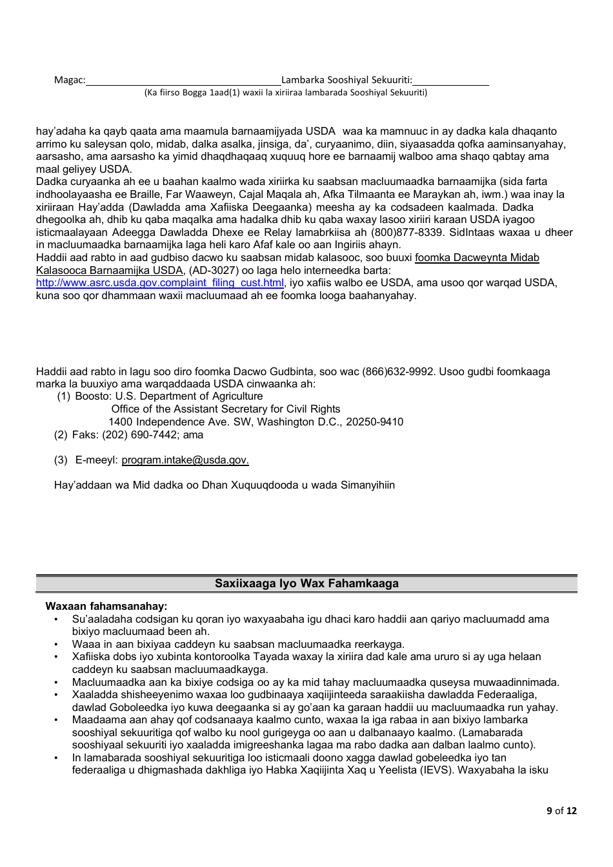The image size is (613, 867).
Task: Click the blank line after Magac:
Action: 183,81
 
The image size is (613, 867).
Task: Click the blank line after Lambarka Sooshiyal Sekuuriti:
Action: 450,81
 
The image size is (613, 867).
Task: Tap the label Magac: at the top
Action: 69,80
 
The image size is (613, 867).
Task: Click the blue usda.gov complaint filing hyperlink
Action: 159,283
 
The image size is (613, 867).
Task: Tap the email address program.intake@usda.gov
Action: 185,460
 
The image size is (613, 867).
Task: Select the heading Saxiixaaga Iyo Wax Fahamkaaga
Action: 306,583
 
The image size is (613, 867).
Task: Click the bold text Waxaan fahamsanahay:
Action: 106,607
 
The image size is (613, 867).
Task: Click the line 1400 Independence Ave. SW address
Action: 256,422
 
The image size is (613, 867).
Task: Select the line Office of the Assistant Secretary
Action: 225,409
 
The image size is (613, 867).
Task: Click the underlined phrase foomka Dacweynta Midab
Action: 477,258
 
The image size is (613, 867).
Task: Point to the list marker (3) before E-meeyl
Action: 61,460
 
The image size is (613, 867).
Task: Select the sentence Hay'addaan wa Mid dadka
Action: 224,485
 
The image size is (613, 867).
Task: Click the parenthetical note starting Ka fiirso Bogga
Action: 285,93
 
